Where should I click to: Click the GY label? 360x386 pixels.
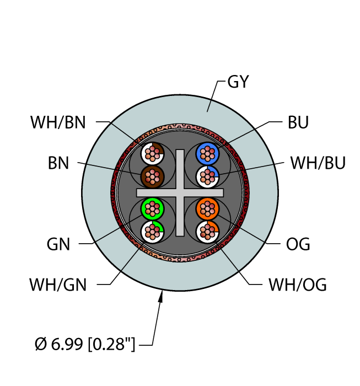[238, 82]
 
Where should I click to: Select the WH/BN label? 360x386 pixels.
[58, 122]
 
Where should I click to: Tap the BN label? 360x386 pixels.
[58, 163]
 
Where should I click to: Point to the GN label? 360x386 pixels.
[58, 244]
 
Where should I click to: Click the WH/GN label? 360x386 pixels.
[58, 285]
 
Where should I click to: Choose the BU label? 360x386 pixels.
[298, 122]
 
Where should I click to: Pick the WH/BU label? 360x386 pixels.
[318, 163]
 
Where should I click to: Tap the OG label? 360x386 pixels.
[298, 244]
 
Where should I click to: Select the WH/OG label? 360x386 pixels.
[298, 285]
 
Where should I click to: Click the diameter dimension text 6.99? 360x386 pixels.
[67, 344]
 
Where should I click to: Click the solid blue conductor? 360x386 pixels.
[207, 154]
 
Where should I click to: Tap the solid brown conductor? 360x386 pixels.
[152, 176]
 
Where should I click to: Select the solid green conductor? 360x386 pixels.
[152, 209]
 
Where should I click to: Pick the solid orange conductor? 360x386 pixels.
[207, 209]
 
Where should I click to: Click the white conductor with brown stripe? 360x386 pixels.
[152, 154]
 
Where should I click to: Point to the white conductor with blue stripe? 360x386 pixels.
[207, 176]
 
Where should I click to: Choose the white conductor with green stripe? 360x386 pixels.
[152, 232]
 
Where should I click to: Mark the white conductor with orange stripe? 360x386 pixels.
[207, 232]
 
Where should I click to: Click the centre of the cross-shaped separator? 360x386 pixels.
[180, 193]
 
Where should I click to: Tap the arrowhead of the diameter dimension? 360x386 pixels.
[161, 297]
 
